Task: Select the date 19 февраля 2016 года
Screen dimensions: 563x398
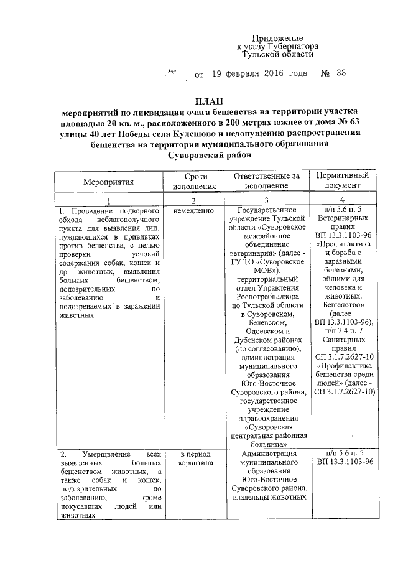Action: [259, 74]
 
